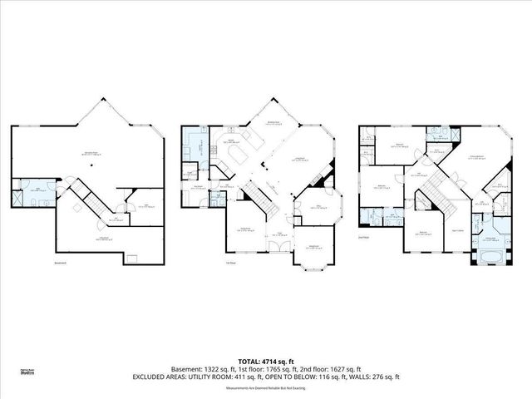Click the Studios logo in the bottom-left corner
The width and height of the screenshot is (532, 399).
pos(26,373)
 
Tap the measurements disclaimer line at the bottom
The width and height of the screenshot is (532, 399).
pos(266,383)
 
